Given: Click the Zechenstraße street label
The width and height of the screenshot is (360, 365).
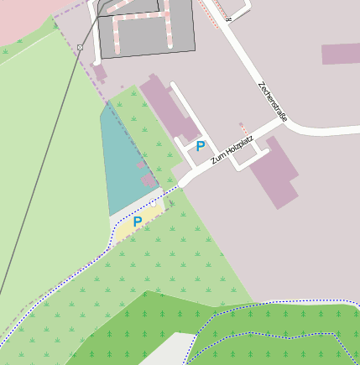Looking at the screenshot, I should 273,102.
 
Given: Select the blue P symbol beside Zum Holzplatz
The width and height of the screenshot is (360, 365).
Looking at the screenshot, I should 201,146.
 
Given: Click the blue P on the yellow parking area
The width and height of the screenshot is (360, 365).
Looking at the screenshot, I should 138,222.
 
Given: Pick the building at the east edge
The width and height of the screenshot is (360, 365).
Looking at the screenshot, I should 340,54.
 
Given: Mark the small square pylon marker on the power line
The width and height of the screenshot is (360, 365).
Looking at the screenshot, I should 80,48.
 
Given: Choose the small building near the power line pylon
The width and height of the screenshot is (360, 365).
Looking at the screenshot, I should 99,73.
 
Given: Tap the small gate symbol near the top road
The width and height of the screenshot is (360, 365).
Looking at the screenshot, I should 228,18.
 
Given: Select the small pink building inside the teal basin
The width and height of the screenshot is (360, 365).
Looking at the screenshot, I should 149,180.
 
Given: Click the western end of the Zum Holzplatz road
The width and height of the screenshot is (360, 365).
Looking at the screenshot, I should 182,182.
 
